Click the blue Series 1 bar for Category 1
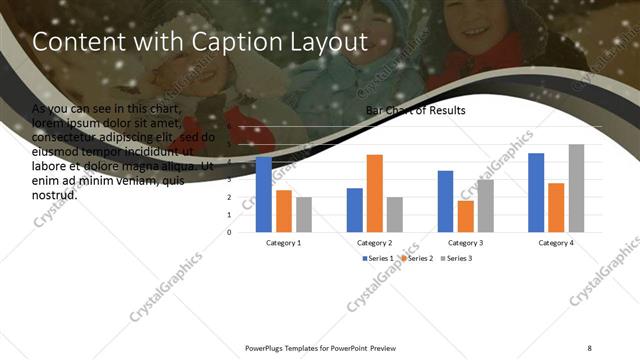(264, 194)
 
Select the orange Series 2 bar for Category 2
(374, 193)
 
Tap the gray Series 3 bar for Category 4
(576, 188)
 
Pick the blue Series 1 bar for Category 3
(445, 201)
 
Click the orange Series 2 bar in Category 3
(465, 216)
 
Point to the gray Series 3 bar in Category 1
(304, 214)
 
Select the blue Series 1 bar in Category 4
(536, 192)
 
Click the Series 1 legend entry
(378, 259)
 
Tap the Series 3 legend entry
(456, 259)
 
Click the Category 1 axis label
(284, 243)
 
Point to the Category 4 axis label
(556, 243)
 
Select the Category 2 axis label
(374, 243)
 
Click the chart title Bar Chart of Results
(415, 111)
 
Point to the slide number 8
(589, 347)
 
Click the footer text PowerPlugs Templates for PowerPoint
(306, 347)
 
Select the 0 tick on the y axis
(231, 232)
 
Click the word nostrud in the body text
(55, 195)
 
